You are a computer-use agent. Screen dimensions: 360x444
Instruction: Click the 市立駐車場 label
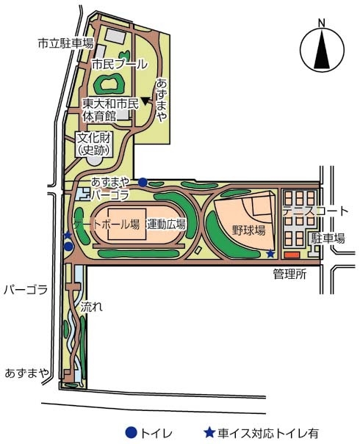(x=65, y=43)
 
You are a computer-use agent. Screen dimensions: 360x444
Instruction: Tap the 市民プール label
(x=120, y=65)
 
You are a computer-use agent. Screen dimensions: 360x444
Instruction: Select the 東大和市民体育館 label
(x=111, y=110)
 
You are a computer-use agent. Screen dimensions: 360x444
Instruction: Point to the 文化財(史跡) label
(x=94, y=145)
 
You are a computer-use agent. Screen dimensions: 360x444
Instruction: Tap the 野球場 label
(x=249, y=230)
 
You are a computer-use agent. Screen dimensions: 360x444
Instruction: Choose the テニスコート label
(x=315, y=211)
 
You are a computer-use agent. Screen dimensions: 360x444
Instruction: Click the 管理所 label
(x=290, y=274)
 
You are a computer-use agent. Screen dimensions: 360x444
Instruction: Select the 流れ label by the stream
(x=91, y=307)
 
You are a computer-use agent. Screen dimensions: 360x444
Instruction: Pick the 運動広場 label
(x=166, y=225)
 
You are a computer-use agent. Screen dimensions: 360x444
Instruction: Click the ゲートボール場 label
(x=107, y=225)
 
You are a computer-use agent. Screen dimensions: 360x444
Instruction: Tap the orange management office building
(x=292, y=255)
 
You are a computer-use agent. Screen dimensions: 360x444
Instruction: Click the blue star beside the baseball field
(x=270, y=254)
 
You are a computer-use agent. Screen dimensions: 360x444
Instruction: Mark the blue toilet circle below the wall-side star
(x=68, y=247)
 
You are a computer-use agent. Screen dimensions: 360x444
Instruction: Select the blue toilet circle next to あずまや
(x=143, y=182)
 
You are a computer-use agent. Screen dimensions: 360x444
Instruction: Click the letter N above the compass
(x=322, y=23)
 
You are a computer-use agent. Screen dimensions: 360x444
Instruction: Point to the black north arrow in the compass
(x=322, y=50)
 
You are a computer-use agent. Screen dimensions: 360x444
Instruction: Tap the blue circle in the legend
(x=132, y=432)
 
